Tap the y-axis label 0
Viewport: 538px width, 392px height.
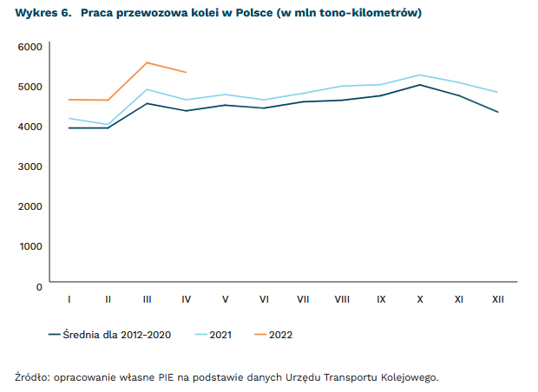tap(39, 285)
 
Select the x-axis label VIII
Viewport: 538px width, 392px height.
tap(342, 299)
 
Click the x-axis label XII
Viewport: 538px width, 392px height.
tap(498, 299)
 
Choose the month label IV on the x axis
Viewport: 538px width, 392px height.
tap(186, 299)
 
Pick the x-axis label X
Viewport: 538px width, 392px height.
tap(420, 299)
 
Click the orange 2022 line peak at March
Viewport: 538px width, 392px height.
tap(148, 62)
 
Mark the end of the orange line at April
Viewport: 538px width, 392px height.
tap(186, 72)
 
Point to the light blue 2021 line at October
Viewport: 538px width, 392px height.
tap(420, 75)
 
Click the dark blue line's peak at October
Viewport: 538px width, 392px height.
tap(420, 84)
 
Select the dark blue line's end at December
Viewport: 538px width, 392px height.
tap(498, 112)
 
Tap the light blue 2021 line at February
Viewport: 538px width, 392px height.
tap(108, 124)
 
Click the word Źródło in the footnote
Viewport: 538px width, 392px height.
tap(32, 377)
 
